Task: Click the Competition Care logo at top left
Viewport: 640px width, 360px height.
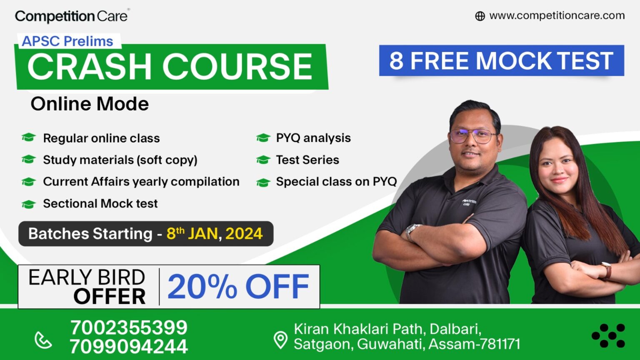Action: [71, 16]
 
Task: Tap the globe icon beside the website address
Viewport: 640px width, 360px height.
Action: [480, 16]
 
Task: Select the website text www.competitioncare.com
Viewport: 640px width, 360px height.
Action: [557, 16]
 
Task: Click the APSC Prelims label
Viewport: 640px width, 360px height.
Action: [67, 41]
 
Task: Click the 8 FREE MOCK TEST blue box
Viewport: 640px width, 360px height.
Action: [501, 61]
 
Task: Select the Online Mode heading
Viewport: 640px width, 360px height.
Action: [90, 104]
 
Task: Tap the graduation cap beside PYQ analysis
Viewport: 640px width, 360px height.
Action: [263, 138]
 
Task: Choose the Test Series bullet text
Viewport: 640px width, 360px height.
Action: [307, 160]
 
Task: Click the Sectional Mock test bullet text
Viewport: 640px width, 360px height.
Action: [100, 204]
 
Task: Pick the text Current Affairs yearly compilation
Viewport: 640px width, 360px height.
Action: [141, 182]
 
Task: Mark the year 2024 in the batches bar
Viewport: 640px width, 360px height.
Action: [244, 234]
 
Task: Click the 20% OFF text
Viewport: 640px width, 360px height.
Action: [238, 287]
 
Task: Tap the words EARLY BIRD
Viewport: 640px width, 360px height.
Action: [87, 277]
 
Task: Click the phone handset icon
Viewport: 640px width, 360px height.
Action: [43, 340]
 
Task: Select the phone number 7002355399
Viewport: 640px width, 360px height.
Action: [129, 328]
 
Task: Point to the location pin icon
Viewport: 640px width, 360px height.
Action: [280, 340]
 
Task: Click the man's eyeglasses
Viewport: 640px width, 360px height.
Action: [474, 135]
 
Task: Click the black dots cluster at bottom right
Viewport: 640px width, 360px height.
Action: [608, 335]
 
